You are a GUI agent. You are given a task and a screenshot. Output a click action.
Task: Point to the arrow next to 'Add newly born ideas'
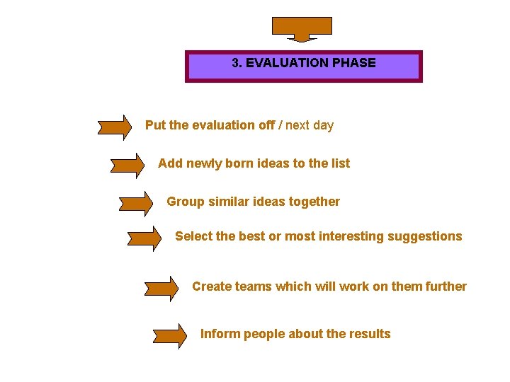tap(128, 166)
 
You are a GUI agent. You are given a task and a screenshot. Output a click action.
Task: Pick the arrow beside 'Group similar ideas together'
tap(136, 204)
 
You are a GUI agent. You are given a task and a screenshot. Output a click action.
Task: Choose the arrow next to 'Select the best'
tap(144, 239)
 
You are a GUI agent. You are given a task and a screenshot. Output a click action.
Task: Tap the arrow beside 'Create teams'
tap(161, 289)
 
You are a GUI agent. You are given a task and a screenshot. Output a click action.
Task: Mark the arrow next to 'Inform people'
tap(171, 336)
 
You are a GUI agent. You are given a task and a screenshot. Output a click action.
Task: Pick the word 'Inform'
tap(220, 334)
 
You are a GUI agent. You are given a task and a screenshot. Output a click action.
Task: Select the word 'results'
tap(368, 334)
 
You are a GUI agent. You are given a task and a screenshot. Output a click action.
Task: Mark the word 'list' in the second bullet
tap(340, 163)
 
